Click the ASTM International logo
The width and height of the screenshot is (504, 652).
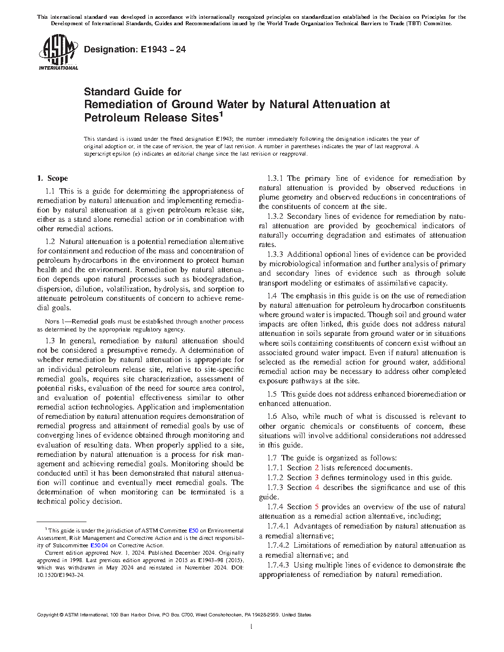[x=58, y=53]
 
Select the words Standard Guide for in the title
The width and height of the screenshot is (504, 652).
[x=132, y=92]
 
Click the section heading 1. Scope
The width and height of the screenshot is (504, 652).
[x=53, y=178]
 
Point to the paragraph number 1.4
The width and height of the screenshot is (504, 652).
[x=272, y=296]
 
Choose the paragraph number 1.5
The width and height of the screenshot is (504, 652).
[x=272, y=394]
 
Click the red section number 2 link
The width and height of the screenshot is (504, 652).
[x=317, y=468]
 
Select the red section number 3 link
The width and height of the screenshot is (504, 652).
[x=317, y=478]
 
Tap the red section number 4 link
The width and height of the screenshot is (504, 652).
[x=317, y=488]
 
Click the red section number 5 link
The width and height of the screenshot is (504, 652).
[x=317, y=507]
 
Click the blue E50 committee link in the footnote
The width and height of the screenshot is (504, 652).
[x=194, y=530]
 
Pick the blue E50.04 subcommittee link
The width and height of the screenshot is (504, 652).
[x=99, y=546]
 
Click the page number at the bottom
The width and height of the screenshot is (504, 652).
[x=252, y=627]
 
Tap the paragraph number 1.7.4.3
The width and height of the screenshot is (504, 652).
[x=278, y=565]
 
